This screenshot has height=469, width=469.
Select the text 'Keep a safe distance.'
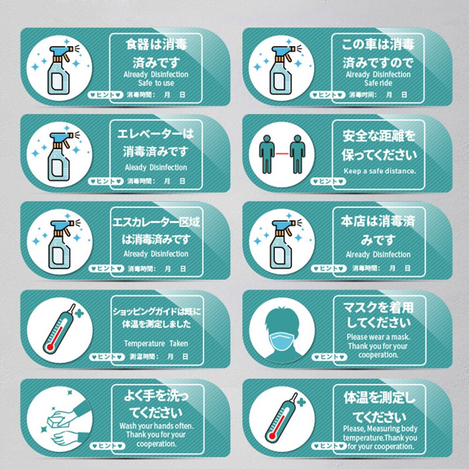(380, 171)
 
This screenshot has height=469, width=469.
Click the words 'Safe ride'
(378, 83)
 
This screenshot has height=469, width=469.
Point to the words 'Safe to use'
(156, 83)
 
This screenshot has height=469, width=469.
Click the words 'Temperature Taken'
(156, 343)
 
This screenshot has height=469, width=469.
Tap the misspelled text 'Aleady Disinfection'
(156, 167)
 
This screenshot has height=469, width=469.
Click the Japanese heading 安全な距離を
(379, 136)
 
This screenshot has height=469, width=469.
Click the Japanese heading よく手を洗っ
(156, 396)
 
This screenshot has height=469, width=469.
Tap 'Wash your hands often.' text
(156, 426)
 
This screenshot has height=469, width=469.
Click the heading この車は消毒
(378, 45)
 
